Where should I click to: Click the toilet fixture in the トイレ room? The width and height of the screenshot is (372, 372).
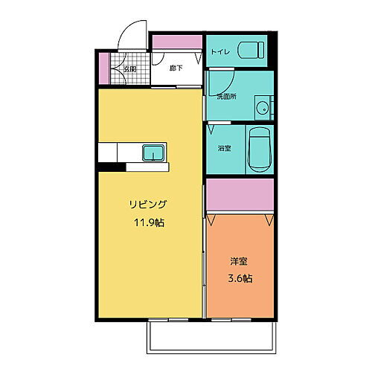point(251,51)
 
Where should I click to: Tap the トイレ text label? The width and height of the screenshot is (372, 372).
point(219,51)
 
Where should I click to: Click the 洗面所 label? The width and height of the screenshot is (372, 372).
point(226,96)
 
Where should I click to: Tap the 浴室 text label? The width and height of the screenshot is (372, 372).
point(224,149)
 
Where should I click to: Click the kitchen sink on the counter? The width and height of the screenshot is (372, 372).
point(154,153)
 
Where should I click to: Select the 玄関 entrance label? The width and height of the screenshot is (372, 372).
point(129,69)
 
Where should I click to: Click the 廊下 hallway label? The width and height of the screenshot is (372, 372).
point(176,69)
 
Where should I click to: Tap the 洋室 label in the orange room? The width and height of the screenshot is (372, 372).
point(238,262)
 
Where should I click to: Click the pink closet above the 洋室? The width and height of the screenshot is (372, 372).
point(240,196)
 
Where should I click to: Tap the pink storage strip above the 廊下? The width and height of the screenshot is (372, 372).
point(176,43)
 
